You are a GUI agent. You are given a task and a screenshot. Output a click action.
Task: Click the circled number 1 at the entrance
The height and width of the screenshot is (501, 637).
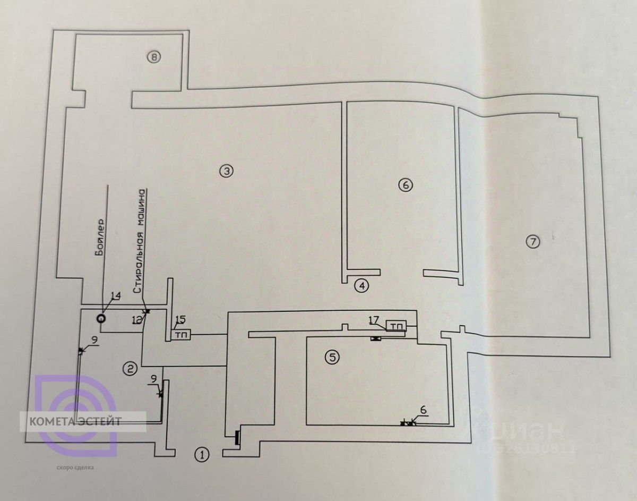202,454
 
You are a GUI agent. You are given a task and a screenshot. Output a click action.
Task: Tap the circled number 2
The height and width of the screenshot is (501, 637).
131,367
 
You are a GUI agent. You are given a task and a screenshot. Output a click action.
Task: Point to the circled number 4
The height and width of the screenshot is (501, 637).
361,286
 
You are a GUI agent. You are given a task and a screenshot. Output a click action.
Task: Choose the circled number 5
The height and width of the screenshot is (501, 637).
332,357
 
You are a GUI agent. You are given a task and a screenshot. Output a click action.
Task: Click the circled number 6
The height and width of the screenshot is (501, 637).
404,185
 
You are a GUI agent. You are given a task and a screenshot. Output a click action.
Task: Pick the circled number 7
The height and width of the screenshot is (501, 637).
532,242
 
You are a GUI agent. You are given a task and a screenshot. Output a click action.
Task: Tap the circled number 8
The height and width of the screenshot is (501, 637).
153,57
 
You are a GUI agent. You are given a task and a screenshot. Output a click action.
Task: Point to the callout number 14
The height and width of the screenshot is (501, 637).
115,296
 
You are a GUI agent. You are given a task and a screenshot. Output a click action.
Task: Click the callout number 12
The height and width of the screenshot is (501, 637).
137,319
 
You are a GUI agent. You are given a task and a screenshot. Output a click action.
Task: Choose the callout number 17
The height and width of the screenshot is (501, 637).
374,319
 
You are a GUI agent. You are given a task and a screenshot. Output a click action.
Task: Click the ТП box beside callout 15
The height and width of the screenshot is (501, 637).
180,335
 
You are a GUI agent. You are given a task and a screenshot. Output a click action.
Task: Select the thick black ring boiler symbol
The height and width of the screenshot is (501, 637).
100,318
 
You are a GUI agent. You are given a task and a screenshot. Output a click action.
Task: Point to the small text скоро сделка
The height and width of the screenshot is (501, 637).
74,468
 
